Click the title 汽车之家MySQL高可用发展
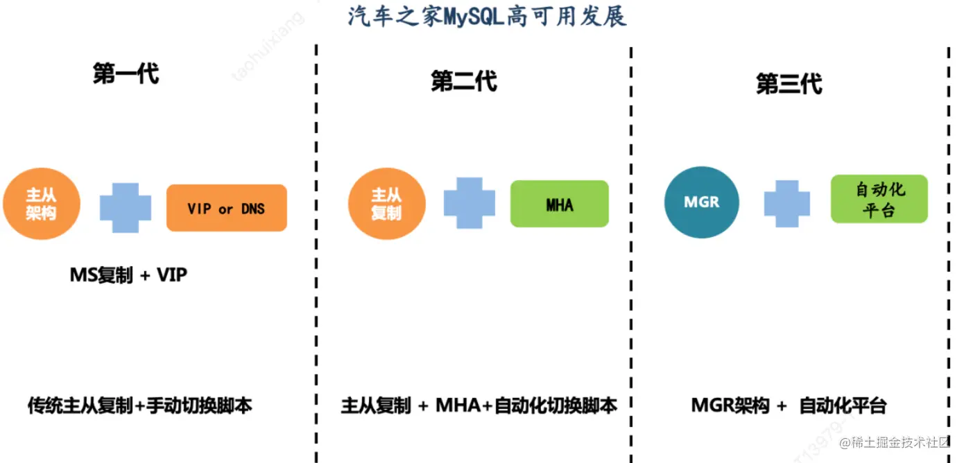click(487, 15)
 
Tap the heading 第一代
click(126, 73)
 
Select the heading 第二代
click(463, 81)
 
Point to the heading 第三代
click(789, 84)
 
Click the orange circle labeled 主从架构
click(42, 204)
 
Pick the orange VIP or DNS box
click(226, 208)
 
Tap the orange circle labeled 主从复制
click(386, 204)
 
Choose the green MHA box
click(559, 204)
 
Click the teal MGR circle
click(701, 202)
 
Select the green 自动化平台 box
click(879, 199)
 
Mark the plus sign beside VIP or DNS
click(126, 208)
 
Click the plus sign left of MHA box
click(470, 203)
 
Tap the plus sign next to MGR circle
click(787, 202)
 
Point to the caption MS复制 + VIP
click(128, 275)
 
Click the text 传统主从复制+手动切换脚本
click(139, 405)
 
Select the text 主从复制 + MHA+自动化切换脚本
click(479, 405)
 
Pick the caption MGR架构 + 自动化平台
click(789, 406)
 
